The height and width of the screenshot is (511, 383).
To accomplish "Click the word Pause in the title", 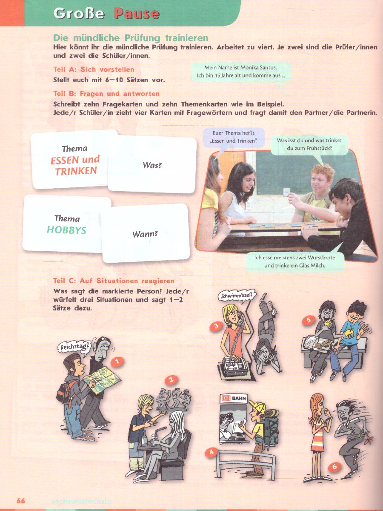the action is point(137,14).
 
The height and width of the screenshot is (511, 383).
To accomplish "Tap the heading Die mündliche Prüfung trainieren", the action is point(131,38).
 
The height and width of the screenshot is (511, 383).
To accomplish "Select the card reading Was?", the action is point(152,164).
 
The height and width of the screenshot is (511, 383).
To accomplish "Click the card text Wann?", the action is point(145,234).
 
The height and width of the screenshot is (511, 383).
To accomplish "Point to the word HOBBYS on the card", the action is point(66,230).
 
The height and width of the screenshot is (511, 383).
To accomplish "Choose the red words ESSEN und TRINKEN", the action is point(75,165).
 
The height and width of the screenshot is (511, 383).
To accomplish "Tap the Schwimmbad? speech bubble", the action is point(237,296).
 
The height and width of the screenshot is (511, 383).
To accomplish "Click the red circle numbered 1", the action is point(117,362).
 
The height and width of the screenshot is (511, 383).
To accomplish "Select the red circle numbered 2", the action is point(171,379).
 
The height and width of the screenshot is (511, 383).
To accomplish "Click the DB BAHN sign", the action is point(234,398).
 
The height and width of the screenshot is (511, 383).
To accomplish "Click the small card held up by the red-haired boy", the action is point(286,192).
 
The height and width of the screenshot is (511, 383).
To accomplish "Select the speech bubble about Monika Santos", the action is point(241,72).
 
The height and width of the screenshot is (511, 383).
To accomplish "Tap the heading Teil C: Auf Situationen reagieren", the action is point(114,281).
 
